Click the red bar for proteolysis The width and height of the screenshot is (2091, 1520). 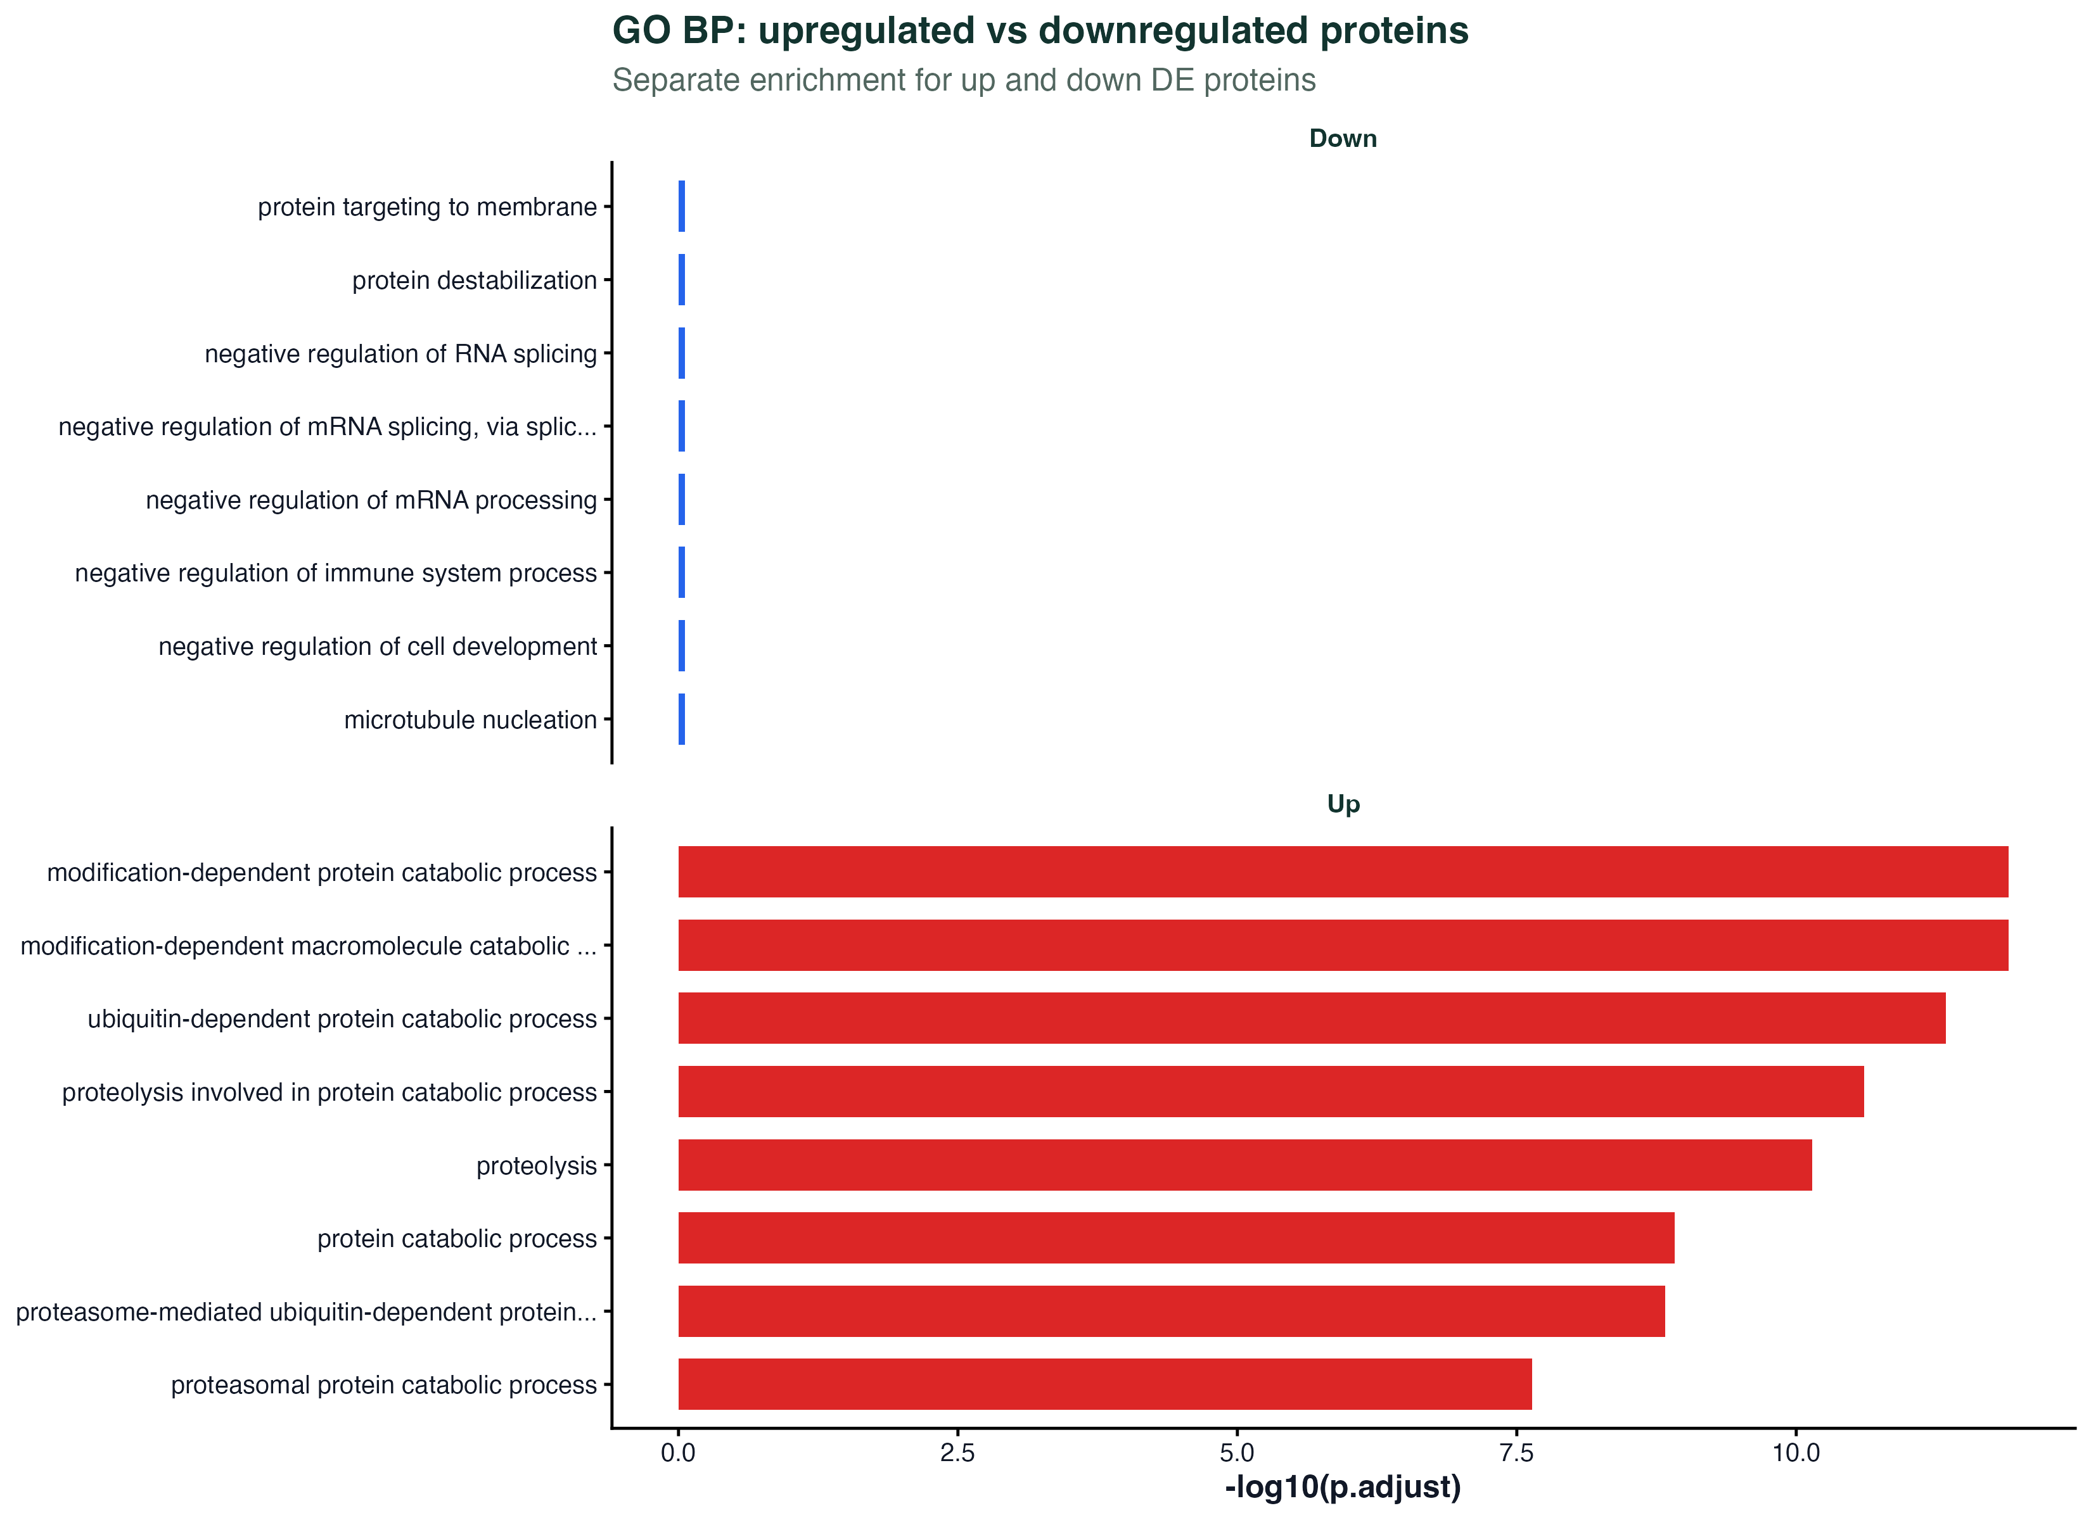tap(1244, 1165)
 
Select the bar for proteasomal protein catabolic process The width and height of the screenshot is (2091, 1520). tap(1104, 1384)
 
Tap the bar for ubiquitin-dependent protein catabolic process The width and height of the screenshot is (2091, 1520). tap(1312, 1018)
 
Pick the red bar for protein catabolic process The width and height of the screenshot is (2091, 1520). tap(1177, 1238)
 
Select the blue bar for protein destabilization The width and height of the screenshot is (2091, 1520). tap(681, 279)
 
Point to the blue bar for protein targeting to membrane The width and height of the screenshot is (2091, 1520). tap(681, 206)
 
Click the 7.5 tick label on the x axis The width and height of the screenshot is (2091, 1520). tap(1517, 1453)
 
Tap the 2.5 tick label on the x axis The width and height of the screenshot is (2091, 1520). tap(958, 1453)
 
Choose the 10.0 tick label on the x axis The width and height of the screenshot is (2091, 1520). tap(1796, 1453)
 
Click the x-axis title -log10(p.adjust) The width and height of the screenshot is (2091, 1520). tap(1343, 1488)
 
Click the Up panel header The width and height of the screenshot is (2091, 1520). tap(1343, 805)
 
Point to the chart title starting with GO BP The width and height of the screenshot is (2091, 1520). tap(1040, 31)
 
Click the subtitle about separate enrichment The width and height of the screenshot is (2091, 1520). tap(964, 80)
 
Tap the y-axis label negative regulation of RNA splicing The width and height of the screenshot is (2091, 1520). tap(401, 354)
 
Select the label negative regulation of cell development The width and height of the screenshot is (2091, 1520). tap(378, 647)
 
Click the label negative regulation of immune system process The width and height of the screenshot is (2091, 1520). tap(336, 573)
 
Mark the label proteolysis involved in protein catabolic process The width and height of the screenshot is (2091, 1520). tap(329, 1093)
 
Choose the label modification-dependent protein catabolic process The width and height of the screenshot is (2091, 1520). tap(322, 873)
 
